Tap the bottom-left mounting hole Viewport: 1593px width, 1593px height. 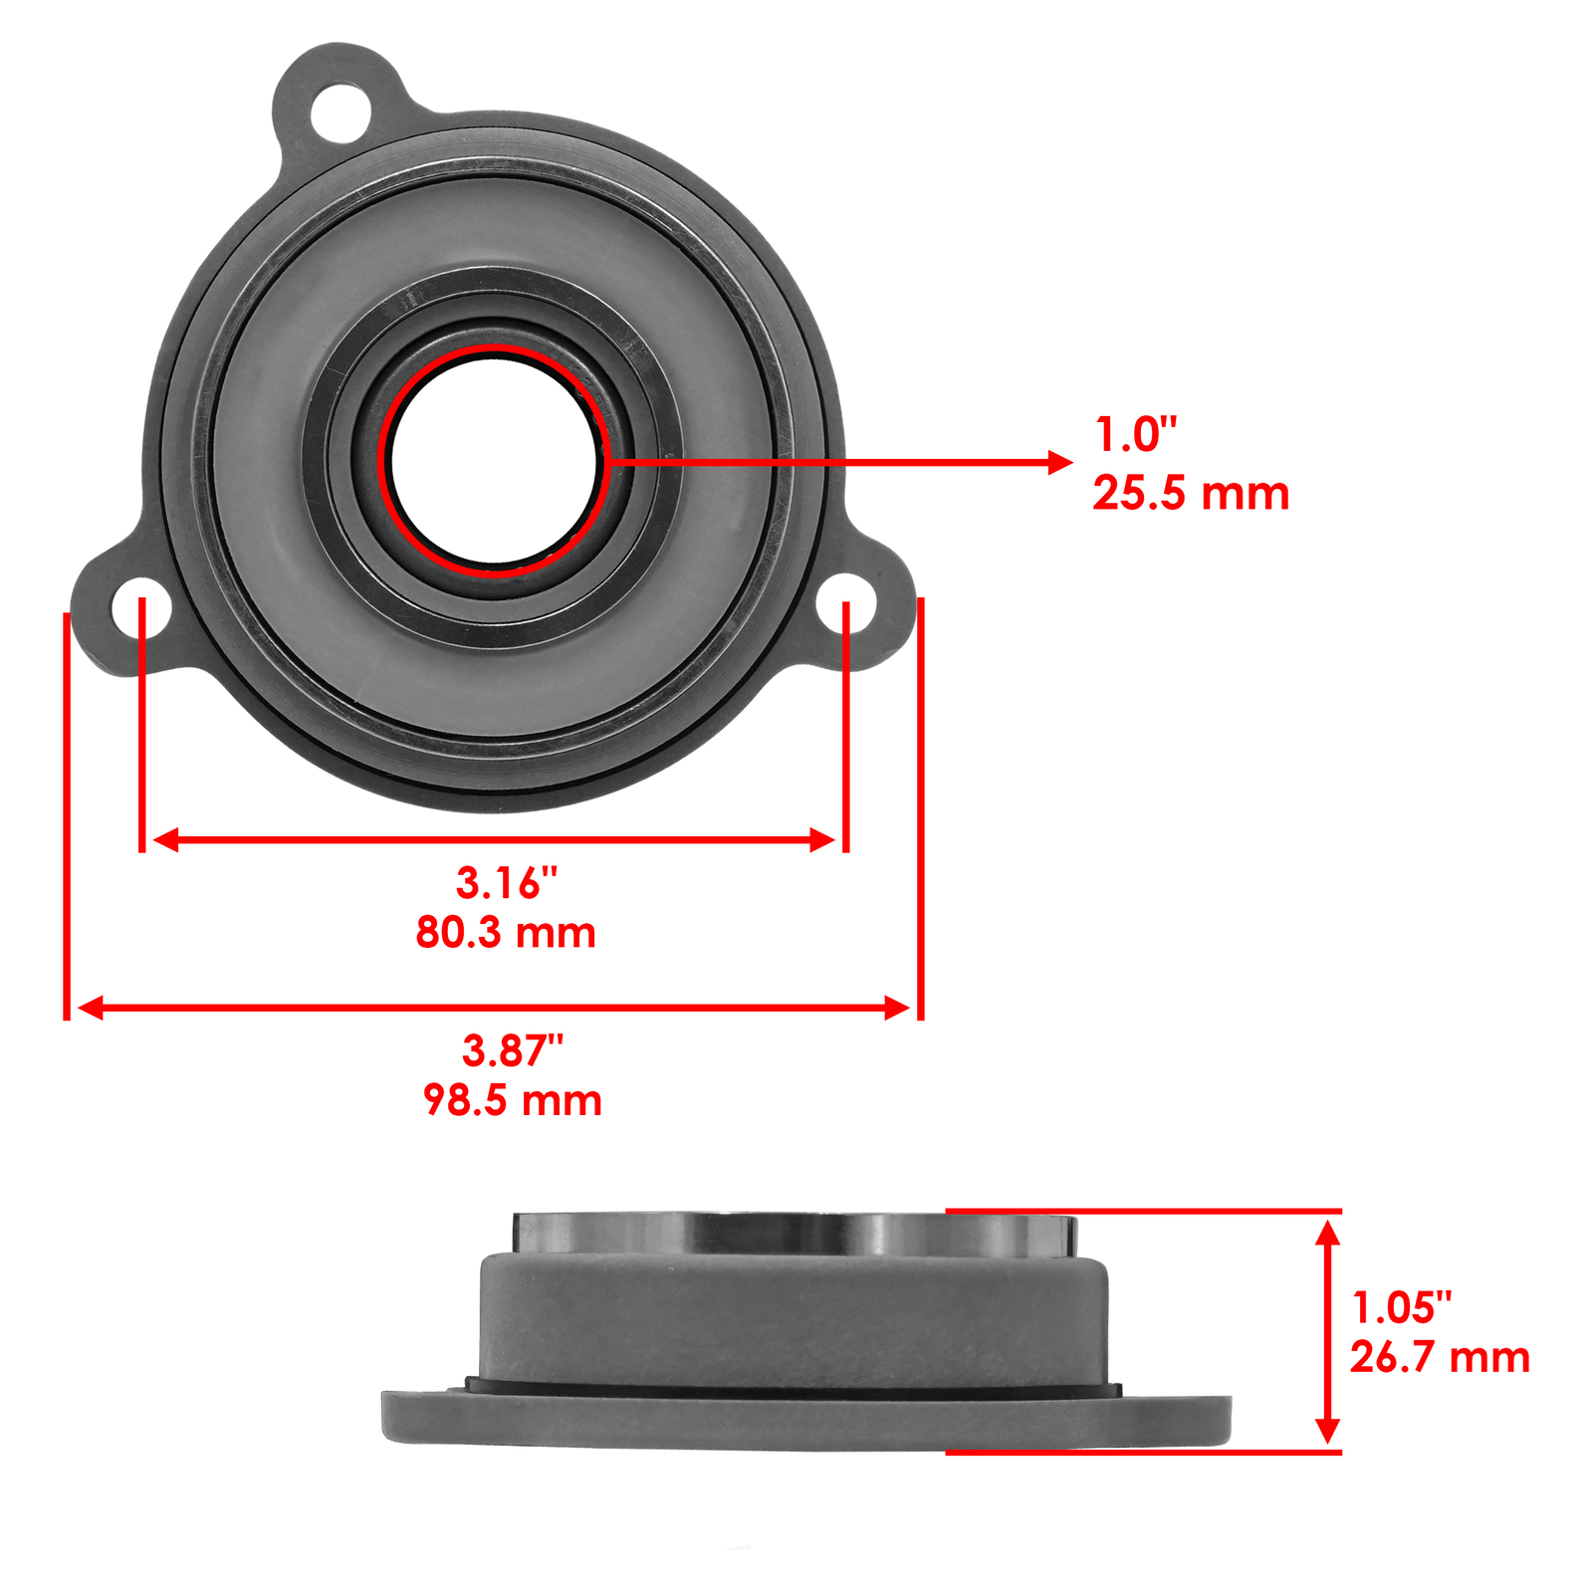pos(140,606)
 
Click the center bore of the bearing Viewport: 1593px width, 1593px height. pos(495,461)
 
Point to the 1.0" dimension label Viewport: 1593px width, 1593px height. pos(1135,435)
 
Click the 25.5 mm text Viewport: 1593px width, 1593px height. pos(1190,494)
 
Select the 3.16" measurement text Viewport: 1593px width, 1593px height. pos(506,883)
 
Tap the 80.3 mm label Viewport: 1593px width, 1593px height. pos(506,933)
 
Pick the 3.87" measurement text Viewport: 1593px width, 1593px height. pos(512,1051)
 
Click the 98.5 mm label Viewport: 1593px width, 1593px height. pos(512,1101)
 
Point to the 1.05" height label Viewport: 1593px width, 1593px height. pos(1401,1308)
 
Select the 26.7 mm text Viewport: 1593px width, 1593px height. pos(1439,1358)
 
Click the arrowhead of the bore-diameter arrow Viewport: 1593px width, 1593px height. pos(1060,462)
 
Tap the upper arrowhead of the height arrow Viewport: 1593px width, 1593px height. pos(1327,1233)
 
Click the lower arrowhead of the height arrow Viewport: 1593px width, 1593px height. pos(1327,1431)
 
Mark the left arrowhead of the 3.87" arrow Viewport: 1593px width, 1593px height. pos(90,1009)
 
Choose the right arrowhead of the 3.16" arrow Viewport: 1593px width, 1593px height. pos(822,840)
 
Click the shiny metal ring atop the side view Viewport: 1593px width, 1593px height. pos(794,1236)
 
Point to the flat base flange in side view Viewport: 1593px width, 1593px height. pos(806,1421)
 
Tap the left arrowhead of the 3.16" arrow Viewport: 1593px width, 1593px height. pos(166,840)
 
